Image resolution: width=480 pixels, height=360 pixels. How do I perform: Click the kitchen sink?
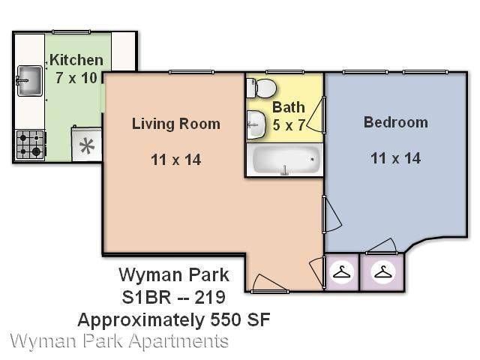[30, 81]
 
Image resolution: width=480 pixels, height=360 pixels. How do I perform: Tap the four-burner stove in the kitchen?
[30, 145]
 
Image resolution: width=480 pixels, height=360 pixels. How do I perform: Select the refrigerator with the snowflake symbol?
[87, 144]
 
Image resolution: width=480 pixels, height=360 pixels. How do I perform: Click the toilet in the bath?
[261, 88]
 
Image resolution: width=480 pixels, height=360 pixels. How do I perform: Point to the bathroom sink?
[256, 124]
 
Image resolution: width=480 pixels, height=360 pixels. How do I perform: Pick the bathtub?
[285, 160]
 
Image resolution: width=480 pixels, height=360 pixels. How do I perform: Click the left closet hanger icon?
[341, 271]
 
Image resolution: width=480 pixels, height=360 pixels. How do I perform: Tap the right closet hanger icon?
[382, 271]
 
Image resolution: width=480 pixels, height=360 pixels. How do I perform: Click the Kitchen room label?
[76, 60]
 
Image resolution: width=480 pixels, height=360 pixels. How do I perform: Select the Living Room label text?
[176, 124]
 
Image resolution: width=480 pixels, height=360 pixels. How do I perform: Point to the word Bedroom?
[396, 122]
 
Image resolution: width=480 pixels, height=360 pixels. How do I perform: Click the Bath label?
[289, 107]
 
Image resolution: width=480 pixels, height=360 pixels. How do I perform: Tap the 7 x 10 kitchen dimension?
[76, 78]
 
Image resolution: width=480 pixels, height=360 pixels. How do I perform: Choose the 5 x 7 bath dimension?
[289, 125]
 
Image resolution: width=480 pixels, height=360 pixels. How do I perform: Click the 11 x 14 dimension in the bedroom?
[396, 158]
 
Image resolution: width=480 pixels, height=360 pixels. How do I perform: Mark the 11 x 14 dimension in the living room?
[176, 160]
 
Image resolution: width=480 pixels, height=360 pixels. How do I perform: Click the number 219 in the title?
[210, 297]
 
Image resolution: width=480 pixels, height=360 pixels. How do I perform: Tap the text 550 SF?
[240, 320]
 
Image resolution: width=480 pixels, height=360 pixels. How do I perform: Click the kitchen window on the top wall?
[71, 31]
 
